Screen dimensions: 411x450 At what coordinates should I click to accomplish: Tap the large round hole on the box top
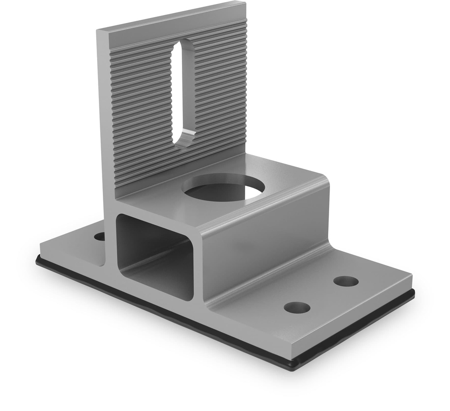pos(224,188)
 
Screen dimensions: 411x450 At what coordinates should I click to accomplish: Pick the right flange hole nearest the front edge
pos(297,307)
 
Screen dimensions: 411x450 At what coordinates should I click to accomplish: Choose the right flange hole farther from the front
pos(346,281)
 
